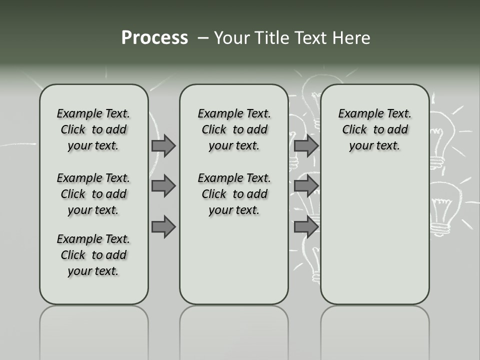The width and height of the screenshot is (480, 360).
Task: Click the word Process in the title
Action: point(154,38)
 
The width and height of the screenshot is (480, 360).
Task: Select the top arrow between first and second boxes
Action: point(163,145)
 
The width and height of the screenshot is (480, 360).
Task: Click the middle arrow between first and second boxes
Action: point(163,186)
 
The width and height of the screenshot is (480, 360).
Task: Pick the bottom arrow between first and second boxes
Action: point(163,227)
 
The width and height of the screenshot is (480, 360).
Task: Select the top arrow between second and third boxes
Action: point(306,145)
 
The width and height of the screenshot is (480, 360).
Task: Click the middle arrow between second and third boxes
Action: point(306,186)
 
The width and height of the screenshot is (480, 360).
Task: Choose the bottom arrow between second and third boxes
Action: point(306,227)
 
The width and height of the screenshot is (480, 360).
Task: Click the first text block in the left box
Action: point(93,129)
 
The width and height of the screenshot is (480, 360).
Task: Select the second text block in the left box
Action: point(93,194)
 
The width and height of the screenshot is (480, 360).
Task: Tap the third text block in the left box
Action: point(93,255)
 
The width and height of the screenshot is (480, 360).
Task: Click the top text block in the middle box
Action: point(234,129)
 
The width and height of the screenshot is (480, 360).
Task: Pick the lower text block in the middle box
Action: point(234,194)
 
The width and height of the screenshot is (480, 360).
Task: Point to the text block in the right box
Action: point(374,129)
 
